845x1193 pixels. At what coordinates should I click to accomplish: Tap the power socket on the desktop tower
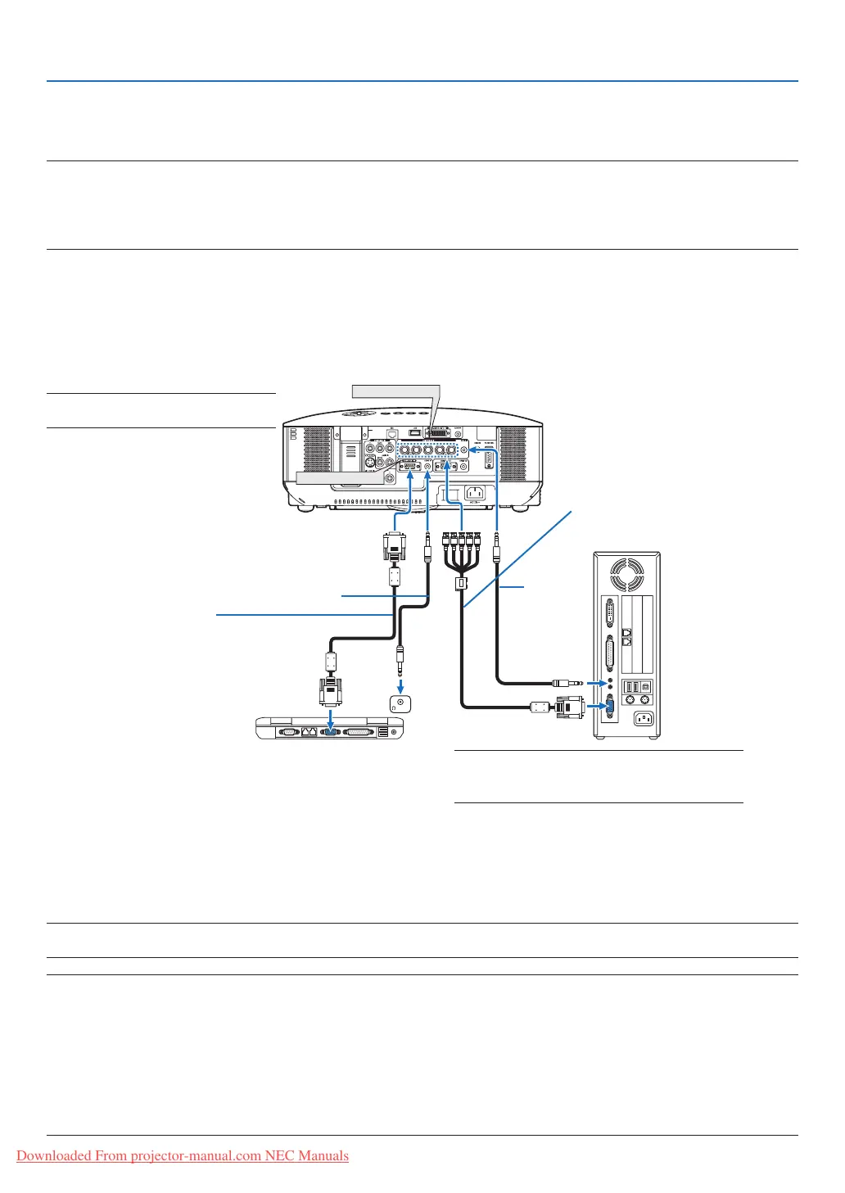[644, 719]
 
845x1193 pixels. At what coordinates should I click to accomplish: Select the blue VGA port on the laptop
[330, 731]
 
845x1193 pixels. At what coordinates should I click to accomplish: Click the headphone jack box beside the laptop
[400, 703]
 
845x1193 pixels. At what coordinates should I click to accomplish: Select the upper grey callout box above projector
[396, 391]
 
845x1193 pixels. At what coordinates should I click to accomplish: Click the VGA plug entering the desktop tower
[568, 706]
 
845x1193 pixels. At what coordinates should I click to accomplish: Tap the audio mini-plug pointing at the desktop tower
[567, 682]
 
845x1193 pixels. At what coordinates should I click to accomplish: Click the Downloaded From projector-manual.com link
[183, 1155]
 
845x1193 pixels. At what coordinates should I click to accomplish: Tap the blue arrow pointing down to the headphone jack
[400, 683]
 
